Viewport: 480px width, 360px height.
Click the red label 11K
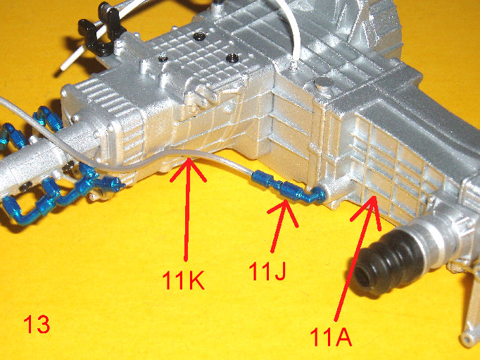click(183, 280)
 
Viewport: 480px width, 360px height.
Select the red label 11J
click(267, 271)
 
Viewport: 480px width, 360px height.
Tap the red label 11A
click(331, 337)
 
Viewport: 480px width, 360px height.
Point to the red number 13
click(37, 324)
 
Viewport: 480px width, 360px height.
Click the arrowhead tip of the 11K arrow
click(189, 159)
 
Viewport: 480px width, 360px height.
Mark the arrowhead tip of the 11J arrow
click(285, 200)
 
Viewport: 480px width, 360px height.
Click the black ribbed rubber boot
click(381, 263)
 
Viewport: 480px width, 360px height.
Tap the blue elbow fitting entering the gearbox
click(315, 195)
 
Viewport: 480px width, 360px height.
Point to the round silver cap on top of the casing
click(324, 84)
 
